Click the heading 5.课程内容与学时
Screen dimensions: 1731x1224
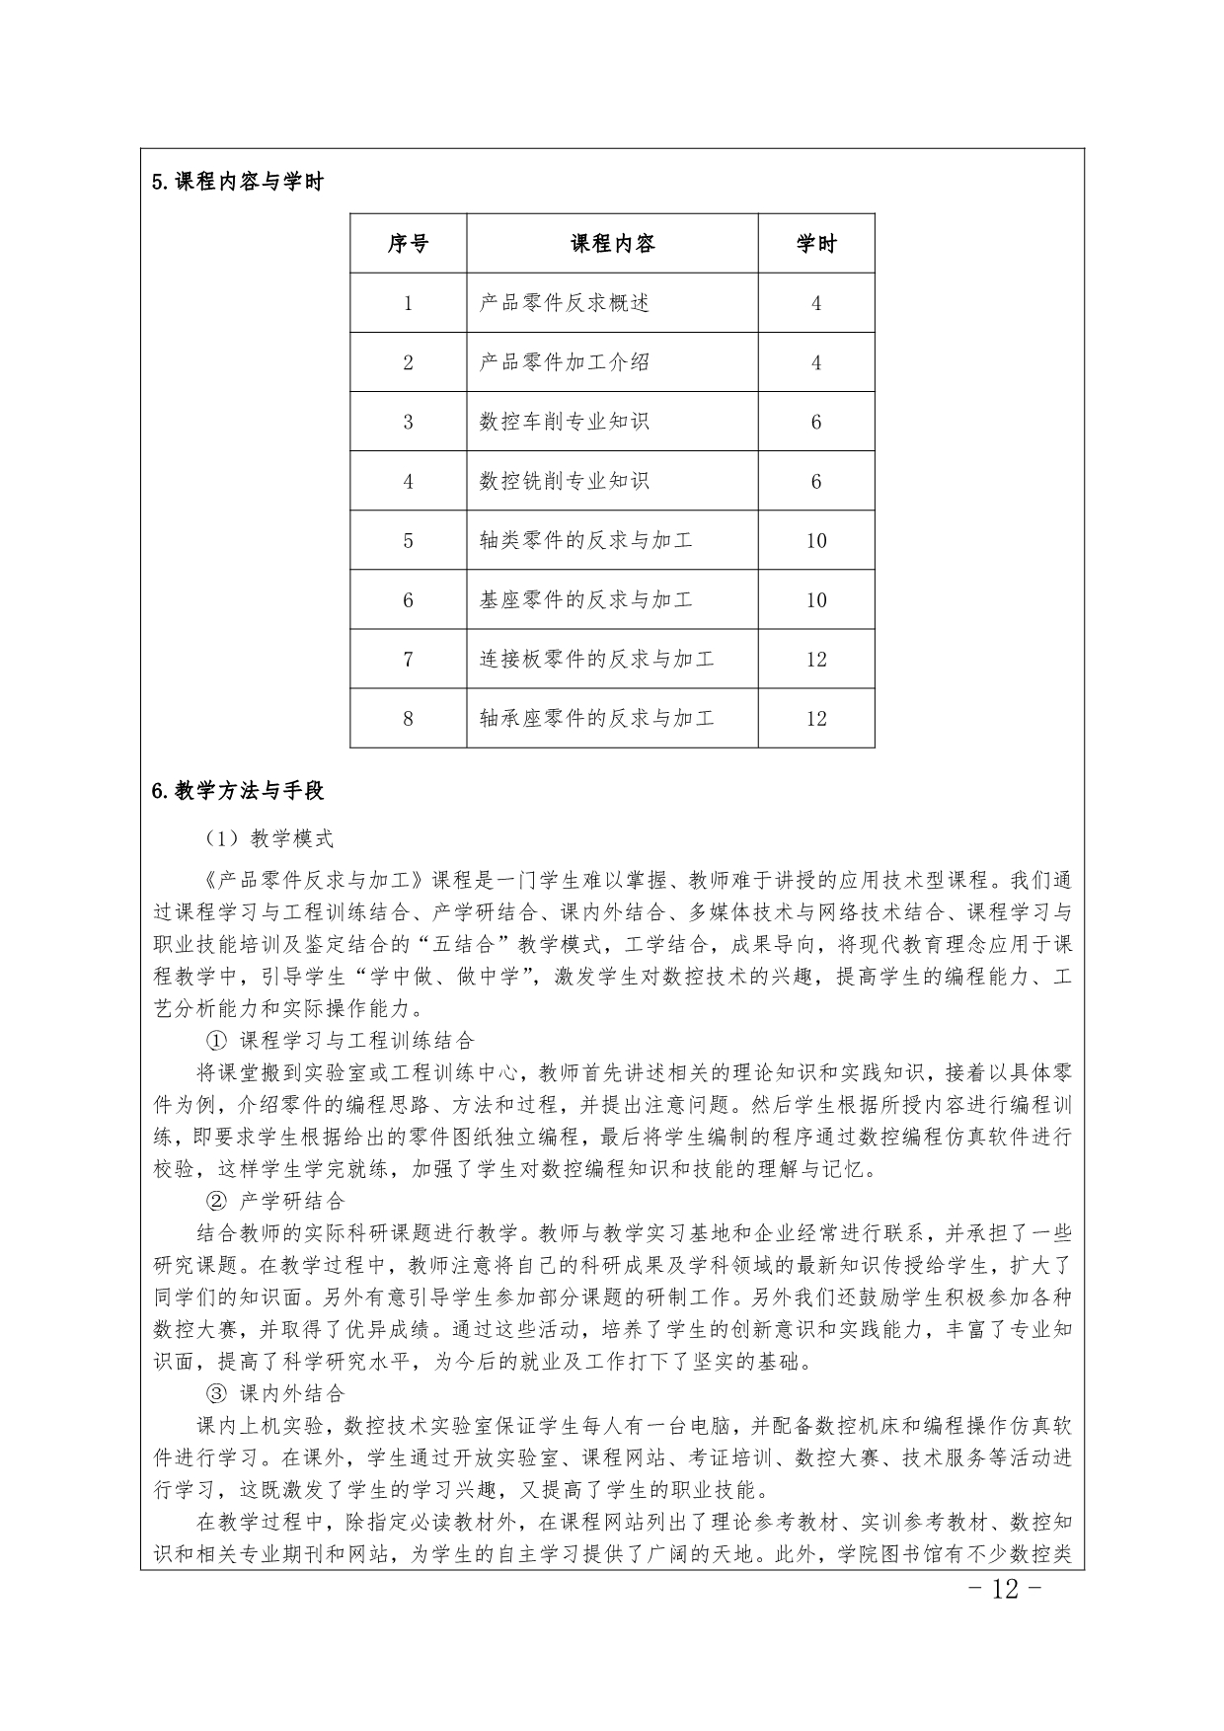(238, 183)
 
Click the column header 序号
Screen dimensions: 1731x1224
(408, 244)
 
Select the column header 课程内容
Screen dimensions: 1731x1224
(612, 244)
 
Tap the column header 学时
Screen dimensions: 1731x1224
(816, 244)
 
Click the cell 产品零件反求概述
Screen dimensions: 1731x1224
(565, 303)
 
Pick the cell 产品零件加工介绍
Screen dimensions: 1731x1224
(565, 362)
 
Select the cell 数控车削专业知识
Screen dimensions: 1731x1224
(565, 422)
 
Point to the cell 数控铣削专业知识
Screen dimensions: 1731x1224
(565, 481)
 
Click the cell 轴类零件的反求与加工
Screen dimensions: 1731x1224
(586, 540)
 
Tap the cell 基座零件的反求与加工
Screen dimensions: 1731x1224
(586, 599)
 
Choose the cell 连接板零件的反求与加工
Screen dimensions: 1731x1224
(596, 659)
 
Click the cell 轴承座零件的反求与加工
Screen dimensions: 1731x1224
(596, 718)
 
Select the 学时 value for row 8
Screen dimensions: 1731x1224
(816, 718)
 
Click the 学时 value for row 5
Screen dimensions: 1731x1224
(816, 540)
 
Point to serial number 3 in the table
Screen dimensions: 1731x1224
(408, 422)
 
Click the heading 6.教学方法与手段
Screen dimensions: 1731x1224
(238, 791)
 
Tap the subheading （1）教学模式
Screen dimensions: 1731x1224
(269, 839)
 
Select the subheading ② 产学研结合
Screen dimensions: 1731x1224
(275, 1201)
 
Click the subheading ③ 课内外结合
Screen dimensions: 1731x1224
(275, 1393)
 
